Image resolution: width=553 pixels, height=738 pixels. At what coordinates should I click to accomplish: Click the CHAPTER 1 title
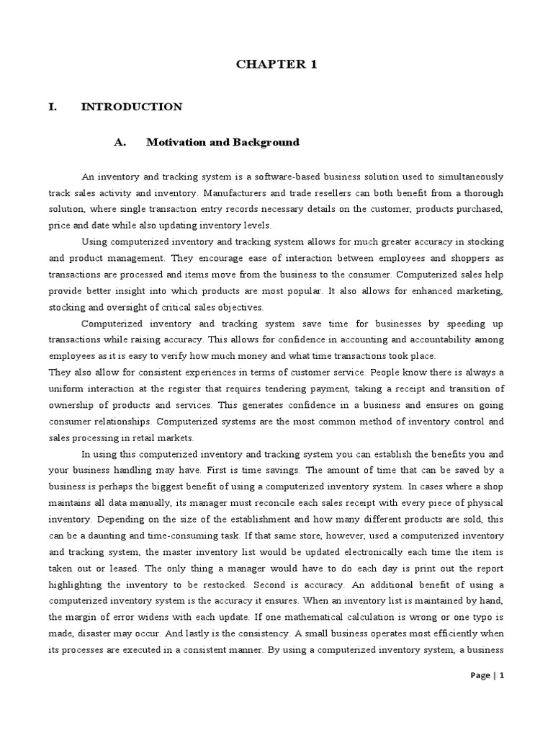[276, 64]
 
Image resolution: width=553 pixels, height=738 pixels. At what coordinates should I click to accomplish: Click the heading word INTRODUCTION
[132, 107]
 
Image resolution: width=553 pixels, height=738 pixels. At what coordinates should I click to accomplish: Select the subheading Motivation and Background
[222, 142]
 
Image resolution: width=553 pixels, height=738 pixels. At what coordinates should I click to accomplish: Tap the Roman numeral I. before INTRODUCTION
[53, 107]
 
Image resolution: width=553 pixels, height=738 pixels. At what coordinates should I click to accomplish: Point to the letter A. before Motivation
[120, 142]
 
